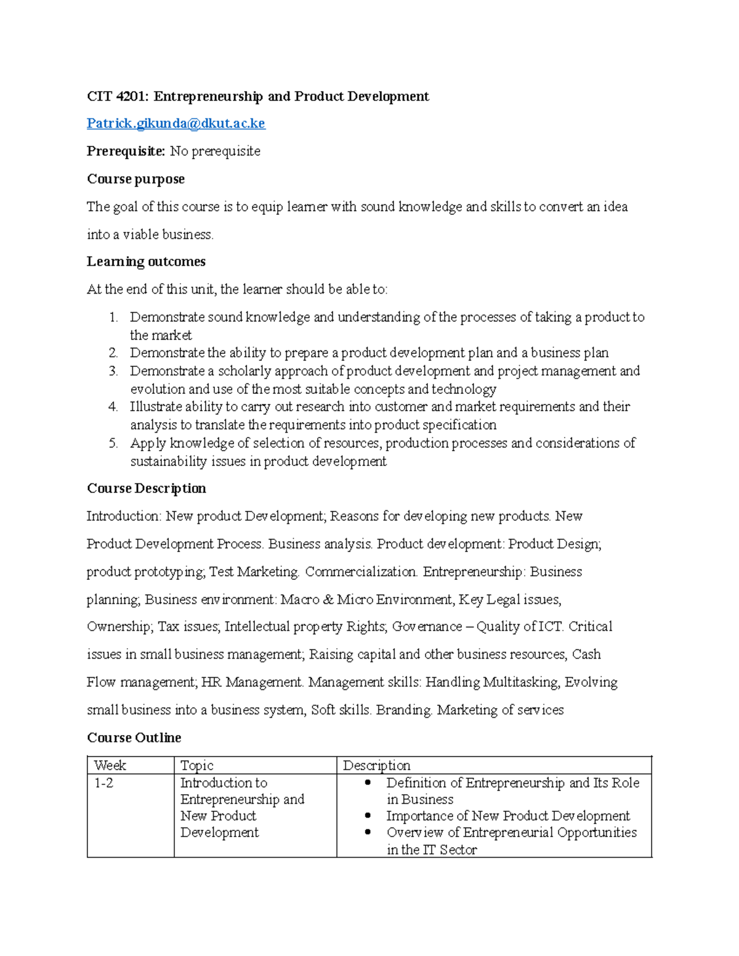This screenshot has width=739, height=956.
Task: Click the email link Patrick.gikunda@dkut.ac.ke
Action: pyautogui.click(x=176, y=124)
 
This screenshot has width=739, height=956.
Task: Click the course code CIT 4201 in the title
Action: pyautogui.click(x=118, y=97)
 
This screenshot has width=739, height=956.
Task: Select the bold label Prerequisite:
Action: pyautogui.click(x=126, y=151)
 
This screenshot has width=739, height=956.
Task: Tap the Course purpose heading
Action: pyautogui.click(x=135, y=179)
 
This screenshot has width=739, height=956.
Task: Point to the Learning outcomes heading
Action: pyautogui.click(x=146, y=262)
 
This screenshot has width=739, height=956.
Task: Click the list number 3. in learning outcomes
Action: pyautogui.click(x=113, y=371)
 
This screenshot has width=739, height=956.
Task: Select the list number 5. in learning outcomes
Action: pyautogui.click(x=113, y=443)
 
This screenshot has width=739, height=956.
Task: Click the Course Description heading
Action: pyautogui.click(x=146, y=489)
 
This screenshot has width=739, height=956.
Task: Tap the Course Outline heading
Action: pyautogui.click(x=134, y=738)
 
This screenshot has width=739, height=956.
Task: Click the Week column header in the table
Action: pyautogui.click(x=110, y=766)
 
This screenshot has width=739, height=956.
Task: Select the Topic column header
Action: pyautogui.click(x=196, y=766)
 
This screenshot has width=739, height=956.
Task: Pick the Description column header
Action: pyautogui.click(x=376, y=766)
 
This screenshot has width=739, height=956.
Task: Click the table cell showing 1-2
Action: pyautogui.click(x=103, y=784)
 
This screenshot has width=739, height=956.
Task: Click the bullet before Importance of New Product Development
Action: pyautogui.click(x=368, y=816)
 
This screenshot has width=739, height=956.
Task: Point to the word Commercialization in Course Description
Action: pyautogui.click(x=361, y=572)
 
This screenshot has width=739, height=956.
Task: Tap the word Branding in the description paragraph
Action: pyautogui.click(x=404, y=710)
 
